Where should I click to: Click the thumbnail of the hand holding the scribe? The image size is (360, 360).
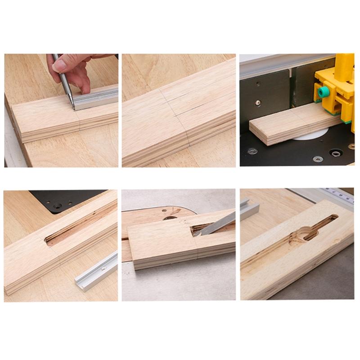[61, 110]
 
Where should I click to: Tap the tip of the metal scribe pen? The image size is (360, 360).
[73, 108]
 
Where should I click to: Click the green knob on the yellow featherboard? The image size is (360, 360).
[323, 92]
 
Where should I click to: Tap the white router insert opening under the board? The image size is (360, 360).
[310, 134]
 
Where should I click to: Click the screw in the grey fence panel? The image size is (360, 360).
[258, 103]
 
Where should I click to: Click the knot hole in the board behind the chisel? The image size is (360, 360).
[170, 218]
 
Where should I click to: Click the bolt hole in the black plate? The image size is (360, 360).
[58, 206]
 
